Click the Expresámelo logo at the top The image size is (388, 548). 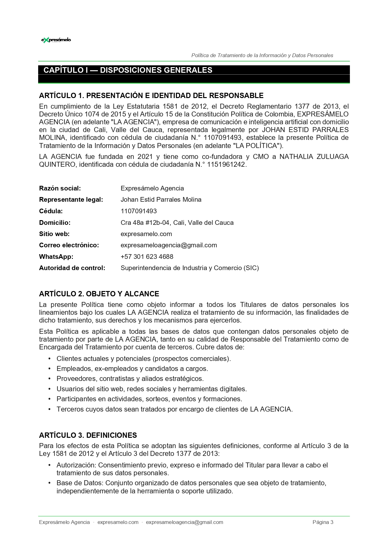56,40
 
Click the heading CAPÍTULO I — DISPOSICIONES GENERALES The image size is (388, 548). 128,70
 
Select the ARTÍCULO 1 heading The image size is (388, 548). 151,96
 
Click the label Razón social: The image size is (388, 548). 60,188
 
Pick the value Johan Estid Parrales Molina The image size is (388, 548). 161,200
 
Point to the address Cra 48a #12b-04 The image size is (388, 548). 145,223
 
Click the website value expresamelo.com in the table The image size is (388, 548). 146,234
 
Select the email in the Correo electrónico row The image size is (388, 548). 169,245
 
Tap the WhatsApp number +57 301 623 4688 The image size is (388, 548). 147,257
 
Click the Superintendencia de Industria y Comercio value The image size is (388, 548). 189,268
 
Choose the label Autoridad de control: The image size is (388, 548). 72,268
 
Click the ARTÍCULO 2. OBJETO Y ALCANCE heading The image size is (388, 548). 99,294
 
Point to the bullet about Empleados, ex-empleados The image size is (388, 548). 132,369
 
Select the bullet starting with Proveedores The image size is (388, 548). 130,379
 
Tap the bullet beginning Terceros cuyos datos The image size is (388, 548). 174,409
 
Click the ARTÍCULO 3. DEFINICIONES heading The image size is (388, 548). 88,435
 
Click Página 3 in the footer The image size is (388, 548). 323,522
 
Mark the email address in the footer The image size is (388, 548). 184,522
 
